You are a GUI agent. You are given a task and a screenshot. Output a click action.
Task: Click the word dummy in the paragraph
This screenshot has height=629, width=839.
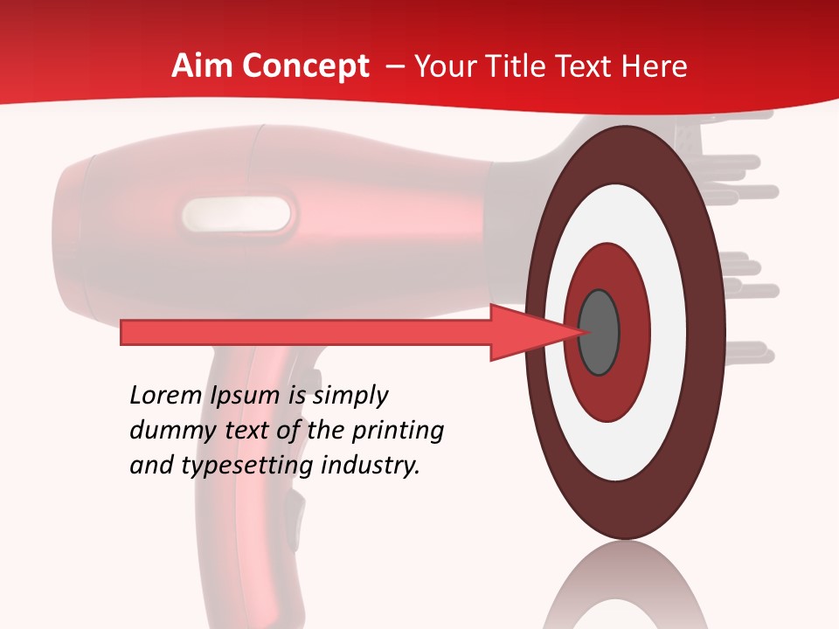tap(166, 431)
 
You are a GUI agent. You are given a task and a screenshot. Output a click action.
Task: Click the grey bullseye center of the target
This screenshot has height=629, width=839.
tap(600, 333)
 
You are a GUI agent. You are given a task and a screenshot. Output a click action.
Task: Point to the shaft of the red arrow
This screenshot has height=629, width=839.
tap(306, 333)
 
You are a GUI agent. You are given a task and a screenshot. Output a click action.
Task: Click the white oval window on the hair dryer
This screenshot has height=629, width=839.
tap(237, 215)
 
